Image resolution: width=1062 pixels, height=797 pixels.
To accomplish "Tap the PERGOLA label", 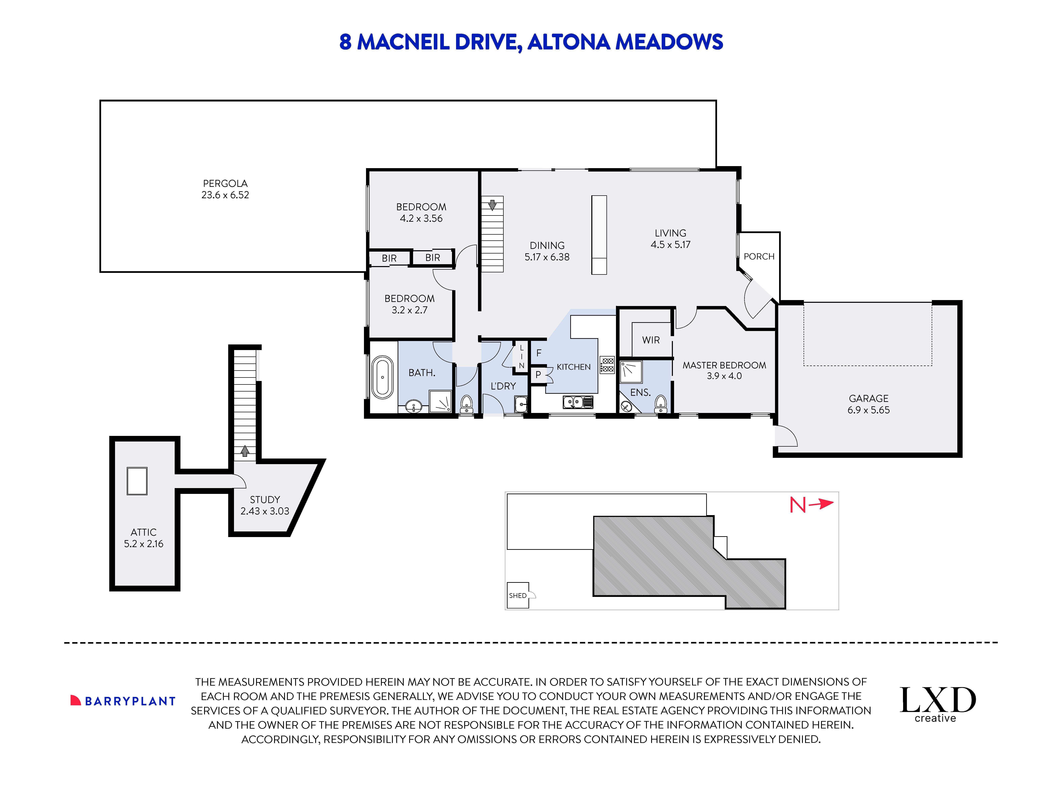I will click(225, 183).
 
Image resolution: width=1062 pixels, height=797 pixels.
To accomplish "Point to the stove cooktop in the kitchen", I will click(607, 365).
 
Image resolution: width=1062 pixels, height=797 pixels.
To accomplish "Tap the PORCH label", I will click(759, 257).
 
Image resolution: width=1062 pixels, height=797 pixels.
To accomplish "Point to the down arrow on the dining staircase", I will click(492, 205).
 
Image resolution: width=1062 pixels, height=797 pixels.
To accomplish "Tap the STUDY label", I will click(265, 500).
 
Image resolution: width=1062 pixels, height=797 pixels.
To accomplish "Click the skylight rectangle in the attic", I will click(137, 481).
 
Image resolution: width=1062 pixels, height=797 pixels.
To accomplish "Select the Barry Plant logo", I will click(123, 701).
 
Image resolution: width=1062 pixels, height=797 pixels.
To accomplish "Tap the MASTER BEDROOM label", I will click(724, 365).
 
